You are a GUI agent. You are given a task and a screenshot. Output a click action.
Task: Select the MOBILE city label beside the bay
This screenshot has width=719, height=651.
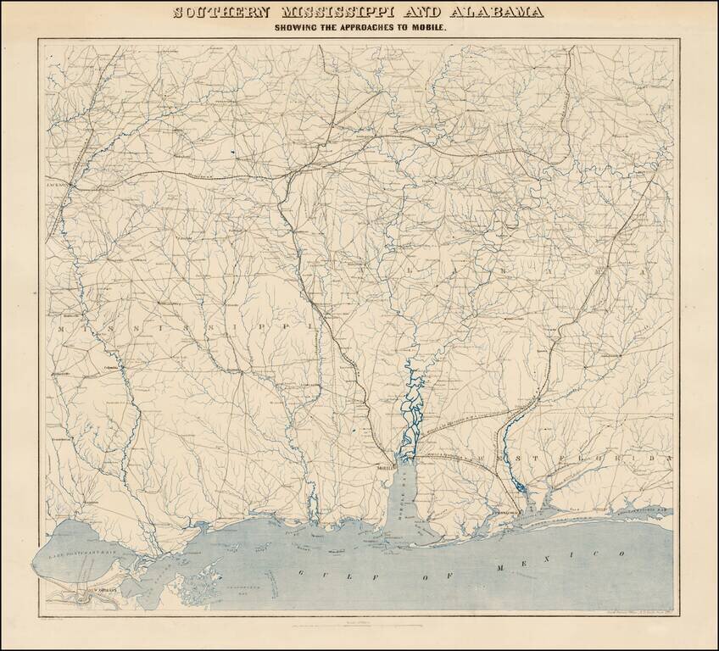click(387, 467)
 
